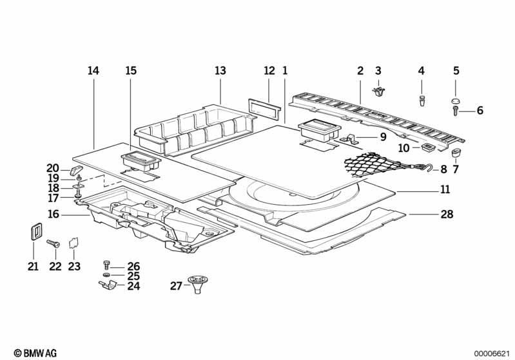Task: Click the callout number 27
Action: click(176, 286)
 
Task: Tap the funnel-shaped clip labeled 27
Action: click(198, 284)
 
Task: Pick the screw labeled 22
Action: click(53, 244)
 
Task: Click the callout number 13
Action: click(220, 71)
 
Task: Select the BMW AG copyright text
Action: click(35, 353)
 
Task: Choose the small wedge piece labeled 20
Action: click(76, 170)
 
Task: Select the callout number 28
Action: click(447, 214)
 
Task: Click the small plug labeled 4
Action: click(422, 100)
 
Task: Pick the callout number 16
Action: click(53, 214)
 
